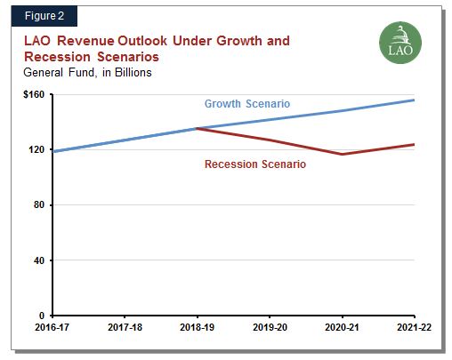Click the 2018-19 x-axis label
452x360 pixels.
click(197, 328)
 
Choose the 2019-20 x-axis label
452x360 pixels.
click(270, 328)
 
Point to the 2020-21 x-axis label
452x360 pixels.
click(342, 328)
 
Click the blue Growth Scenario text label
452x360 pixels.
click(247, 104)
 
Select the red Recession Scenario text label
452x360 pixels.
click(255, 164)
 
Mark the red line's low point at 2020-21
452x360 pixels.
click(342, 155)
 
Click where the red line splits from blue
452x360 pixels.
click(197, 128)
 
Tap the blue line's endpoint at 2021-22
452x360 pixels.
click(414, 100)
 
